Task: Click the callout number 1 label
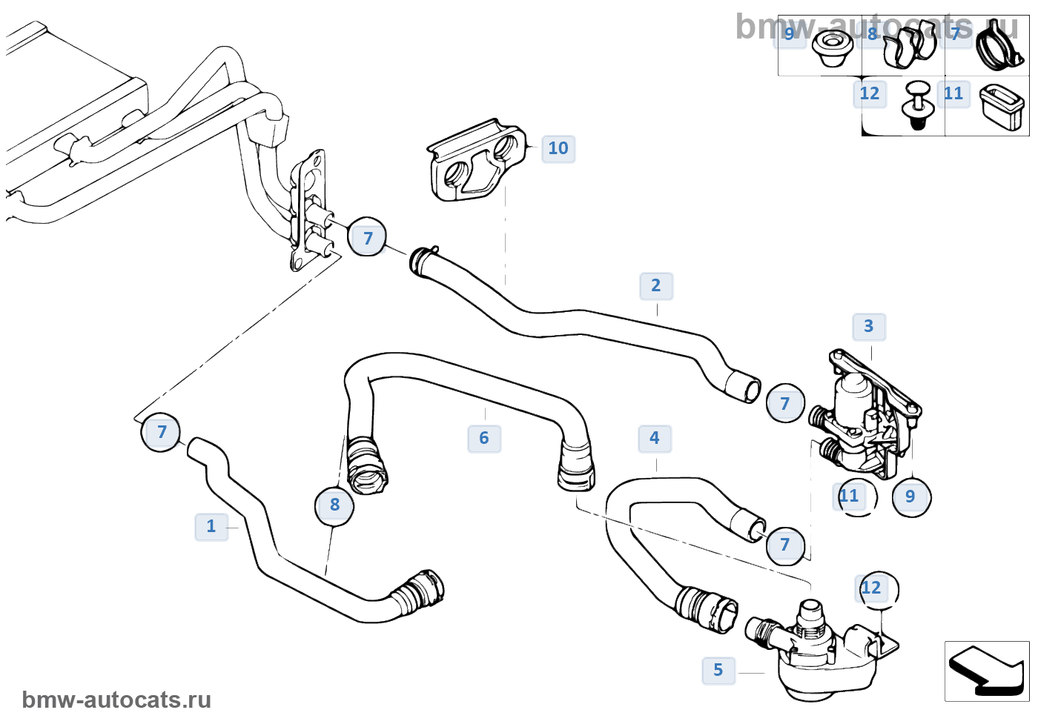click(211, 527)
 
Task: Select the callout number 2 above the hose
click(656, 286)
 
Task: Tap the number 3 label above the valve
click(869, 327)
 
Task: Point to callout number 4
click(655, 439)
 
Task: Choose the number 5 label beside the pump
click(718, 671)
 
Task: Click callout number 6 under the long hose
click(484, 439)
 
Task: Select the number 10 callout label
click(558, 149)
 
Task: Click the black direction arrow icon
click(987, 671)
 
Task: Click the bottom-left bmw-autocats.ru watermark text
click(116, 700)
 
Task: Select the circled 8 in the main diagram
click(334, 505)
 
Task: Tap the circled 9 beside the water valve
click(910, 497)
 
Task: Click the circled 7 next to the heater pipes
click(368, 239)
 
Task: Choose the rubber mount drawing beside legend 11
click(1002, 106)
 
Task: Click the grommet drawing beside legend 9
click(830, 49)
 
